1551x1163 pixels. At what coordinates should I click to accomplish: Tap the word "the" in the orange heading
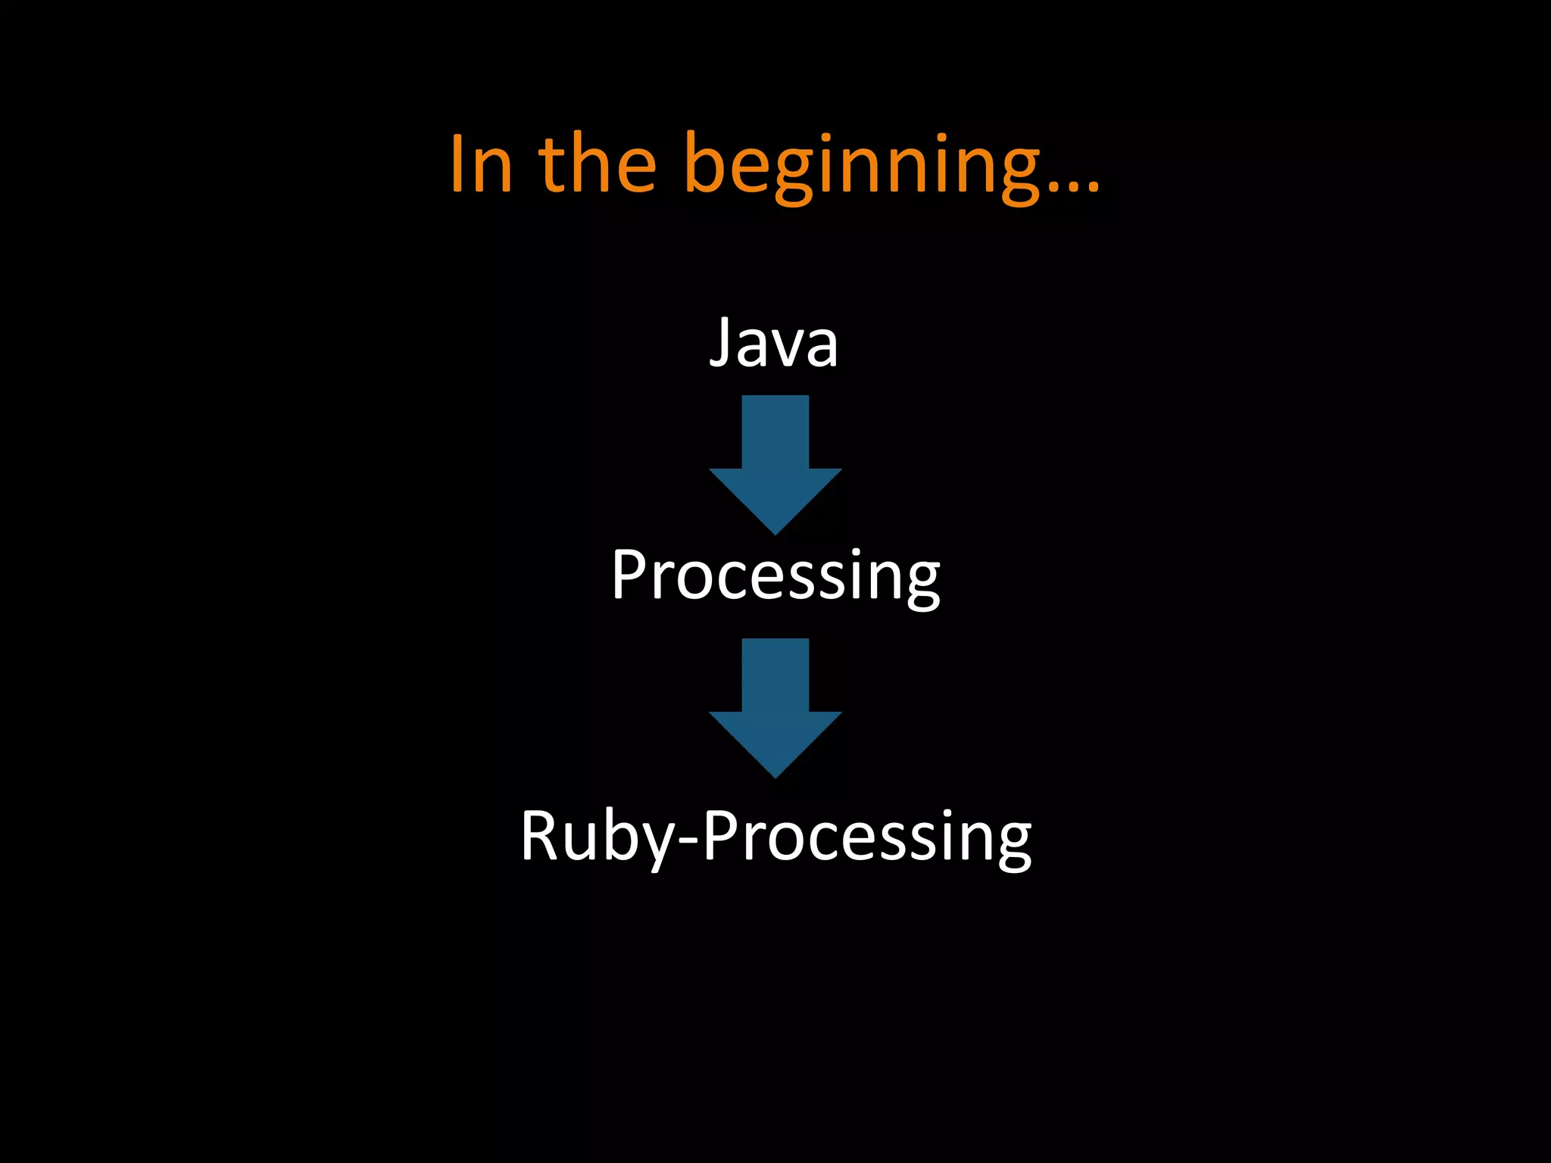(598, 164)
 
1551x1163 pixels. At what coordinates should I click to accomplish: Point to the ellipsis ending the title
(1072, 186)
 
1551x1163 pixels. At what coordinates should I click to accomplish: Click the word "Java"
(774, 343)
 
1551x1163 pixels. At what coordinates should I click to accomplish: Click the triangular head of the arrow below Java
(775, 496)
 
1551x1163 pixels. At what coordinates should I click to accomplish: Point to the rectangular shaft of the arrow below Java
(775, 432)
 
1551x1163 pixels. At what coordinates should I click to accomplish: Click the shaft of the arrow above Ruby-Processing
(775, 675)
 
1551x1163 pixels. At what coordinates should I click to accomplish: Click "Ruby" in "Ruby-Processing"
(596, 837)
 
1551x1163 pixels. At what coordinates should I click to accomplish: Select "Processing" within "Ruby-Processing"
(867, 837)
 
